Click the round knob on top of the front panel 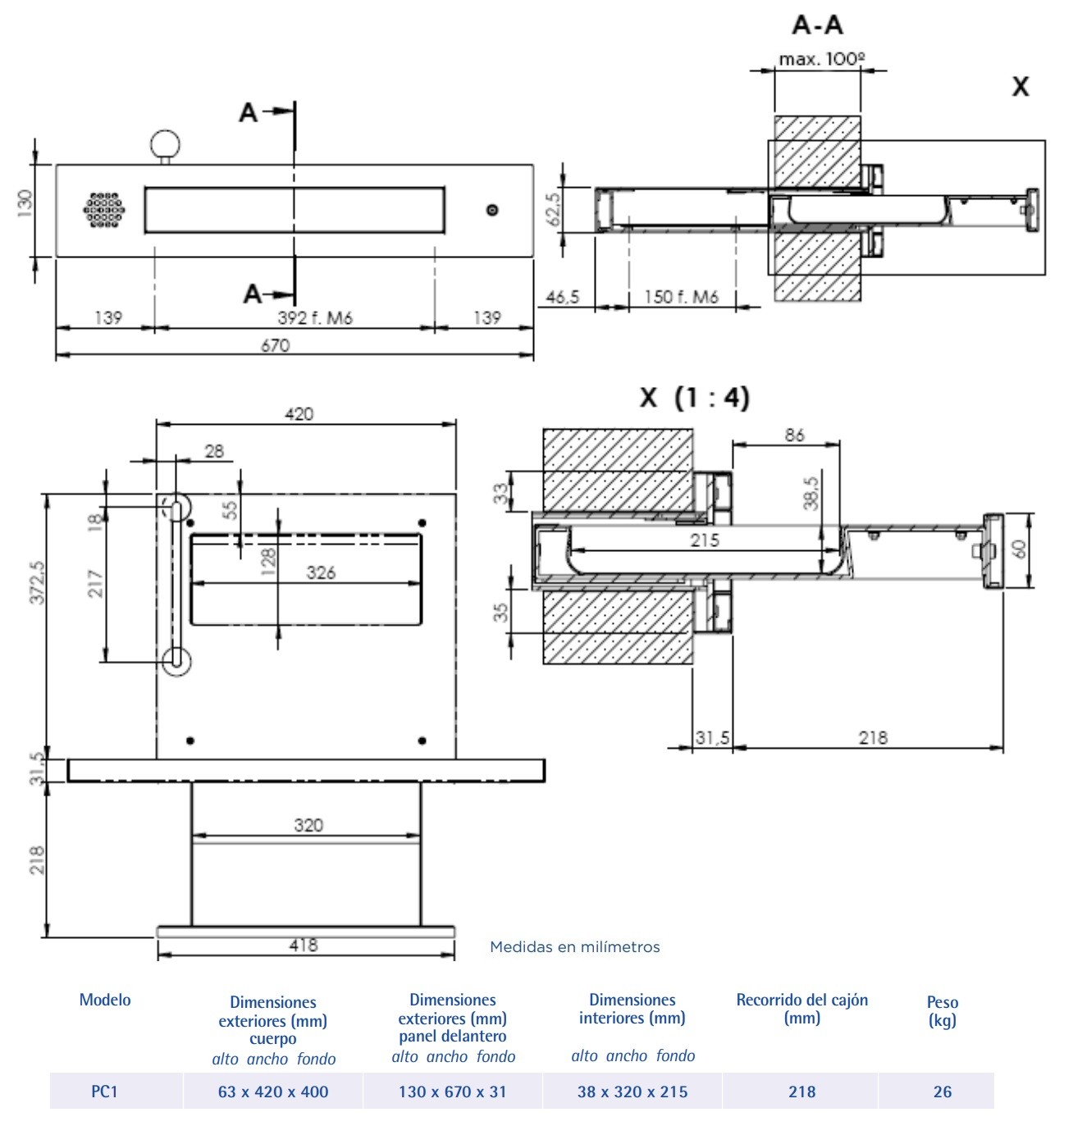[165, 143]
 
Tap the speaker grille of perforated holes [104, 210]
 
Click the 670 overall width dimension [276, 345]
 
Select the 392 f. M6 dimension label [314, 317]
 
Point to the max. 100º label [822, 60]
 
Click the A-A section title [817, 25]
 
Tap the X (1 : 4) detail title [694, 398]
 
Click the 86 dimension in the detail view [794, 435]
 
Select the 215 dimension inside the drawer [704, 540]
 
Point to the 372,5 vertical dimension [37, 582]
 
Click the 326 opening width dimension [321, 572]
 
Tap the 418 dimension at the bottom [303, 945]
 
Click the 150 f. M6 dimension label [681, 297]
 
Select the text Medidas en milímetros [574, 947]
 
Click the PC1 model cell [104, 1092]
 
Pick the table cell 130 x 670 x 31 [452, 1092]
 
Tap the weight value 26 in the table [942, 1092]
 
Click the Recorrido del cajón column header [801, 1009]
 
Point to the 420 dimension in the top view [299, 414]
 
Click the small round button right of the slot [491, 210]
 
